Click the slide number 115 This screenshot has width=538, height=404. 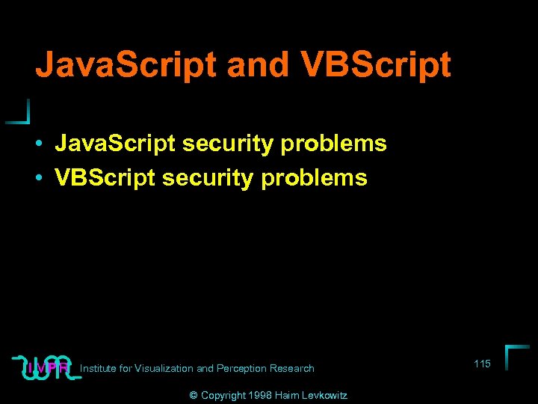tap(482, 364)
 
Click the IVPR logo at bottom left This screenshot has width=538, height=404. tap(46, 367)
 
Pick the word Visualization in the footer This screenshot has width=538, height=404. tap(162, 368)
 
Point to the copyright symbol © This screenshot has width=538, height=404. tap(193, 395)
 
